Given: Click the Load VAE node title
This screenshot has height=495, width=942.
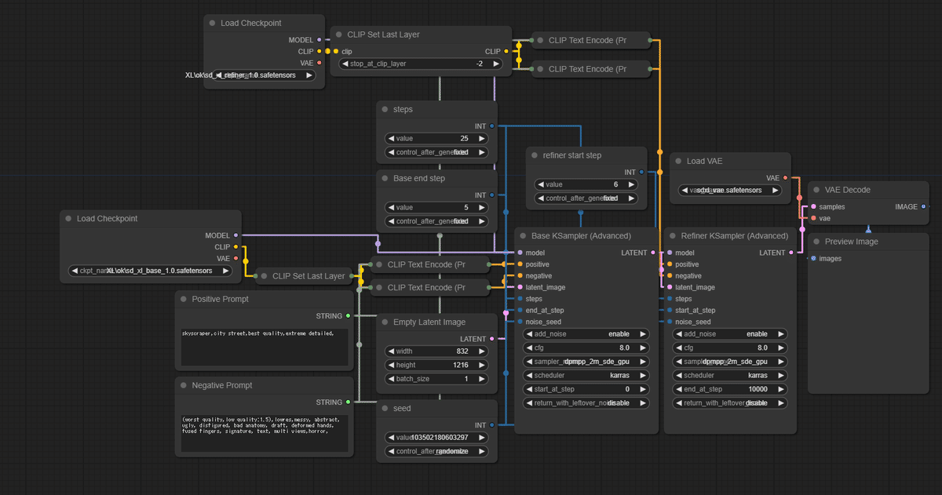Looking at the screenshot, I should [704, 161].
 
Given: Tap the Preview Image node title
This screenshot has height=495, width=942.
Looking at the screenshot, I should [851, 242].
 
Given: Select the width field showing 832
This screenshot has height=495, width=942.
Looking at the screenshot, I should [436, 351].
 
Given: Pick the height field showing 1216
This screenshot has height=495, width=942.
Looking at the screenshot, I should [436, 365].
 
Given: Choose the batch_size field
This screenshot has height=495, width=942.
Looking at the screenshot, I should [436, 379].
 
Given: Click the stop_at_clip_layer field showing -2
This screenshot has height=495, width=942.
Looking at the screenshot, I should [416, 64].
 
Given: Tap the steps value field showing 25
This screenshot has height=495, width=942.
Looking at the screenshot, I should [436, 138].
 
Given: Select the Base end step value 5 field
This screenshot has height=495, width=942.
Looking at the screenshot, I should [436, 208].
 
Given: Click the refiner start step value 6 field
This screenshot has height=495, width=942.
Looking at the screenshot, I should [586, 184].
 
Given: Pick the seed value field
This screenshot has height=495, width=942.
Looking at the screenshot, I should [436, 438].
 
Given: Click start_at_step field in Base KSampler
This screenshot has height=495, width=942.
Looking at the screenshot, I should [586, 389].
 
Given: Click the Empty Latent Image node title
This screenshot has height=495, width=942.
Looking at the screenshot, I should [429, 322].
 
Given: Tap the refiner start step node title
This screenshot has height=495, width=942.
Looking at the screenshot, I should [571, 155].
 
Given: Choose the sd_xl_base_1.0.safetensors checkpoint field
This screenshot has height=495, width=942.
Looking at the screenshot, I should [151, 271].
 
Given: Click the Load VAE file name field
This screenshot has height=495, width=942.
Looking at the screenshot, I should [730, 190].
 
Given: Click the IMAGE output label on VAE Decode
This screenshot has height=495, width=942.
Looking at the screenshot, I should [906, 207].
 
